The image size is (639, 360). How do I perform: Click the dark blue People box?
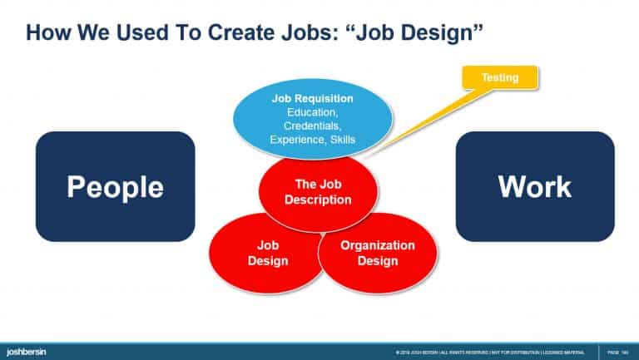(x=115, y=186)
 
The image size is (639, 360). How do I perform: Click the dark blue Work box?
(x=534, y=186)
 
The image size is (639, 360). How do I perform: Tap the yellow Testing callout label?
(x=500, y=78)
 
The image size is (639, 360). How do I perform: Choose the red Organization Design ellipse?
(x=378, y=254)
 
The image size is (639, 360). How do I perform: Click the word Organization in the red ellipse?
(x=378, y=246)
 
